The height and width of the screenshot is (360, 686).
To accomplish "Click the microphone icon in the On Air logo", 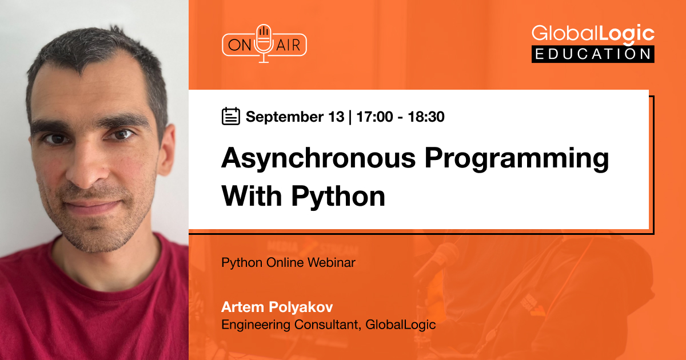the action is [x=264, y=43].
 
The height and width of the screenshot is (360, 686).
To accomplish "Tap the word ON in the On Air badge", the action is [x=240, y=45].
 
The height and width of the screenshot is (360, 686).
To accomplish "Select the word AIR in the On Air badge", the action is [x=288, y=45].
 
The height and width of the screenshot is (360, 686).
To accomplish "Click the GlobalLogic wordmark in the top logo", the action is [x=593, y=34].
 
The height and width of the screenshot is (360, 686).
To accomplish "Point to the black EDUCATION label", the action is [x=593, y=54].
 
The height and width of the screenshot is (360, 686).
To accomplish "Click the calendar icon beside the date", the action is [x=230, y=116].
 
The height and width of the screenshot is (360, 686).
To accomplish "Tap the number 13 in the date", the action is [x=336, y=117].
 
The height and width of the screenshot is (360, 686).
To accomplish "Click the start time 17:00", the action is [x=374, y=117].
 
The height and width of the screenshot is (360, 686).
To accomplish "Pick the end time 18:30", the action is [x=426, y=117].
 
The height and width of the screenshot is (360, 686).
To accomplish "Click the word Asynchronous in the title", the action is [x=318, y=159].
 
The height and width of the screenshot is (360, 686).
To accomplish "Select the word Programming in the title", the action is [x=517, y=159].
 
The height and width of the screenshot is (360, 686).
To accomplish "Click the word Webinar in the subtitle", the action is [x=332, y=262].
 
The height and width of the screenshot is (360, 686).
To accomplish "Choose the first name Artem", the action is [x=242, y=307].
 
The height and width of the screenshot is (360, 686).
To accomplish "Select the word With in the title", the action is [x=252, y=196].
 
